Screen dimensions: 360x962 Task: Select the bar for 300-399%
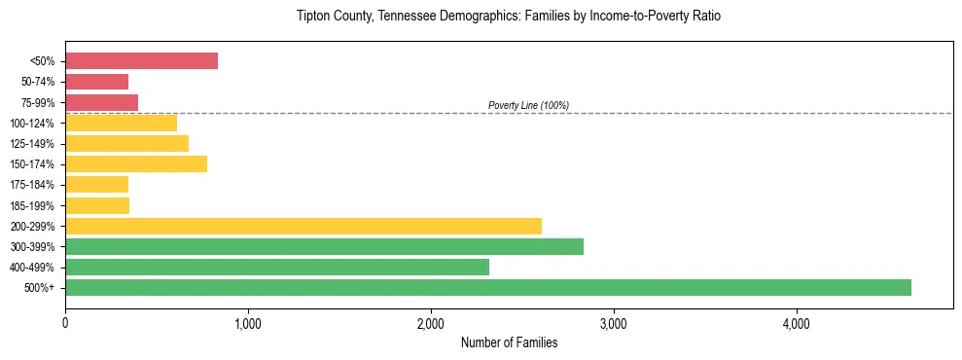point(324,246)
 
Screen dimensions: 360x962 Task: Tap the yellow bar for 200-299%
point(303,226)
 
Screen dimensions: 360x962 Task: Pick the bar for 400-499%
point(277,267)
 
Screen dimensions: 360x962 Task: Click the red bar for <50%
point(141,61)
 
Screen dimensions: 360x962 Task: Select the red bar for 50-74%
point(96,82)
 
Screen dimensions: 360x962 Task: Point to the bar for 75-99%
point(101,102)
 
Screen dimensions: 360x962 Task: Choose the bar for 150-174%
point(136,163)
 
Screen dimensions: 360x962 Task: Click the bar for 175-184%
point(96,185)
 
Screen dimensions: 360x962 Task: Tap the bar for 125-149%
point(126,143)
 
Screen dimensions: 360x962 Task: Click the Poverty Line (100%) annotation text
point(528,105)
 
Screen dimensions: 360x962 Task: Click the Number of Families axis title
point(509,342)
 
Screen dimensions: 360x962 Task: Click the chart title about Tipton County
point(509,17)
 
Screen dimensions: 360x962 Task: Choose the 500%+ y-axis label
point(43,287)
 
